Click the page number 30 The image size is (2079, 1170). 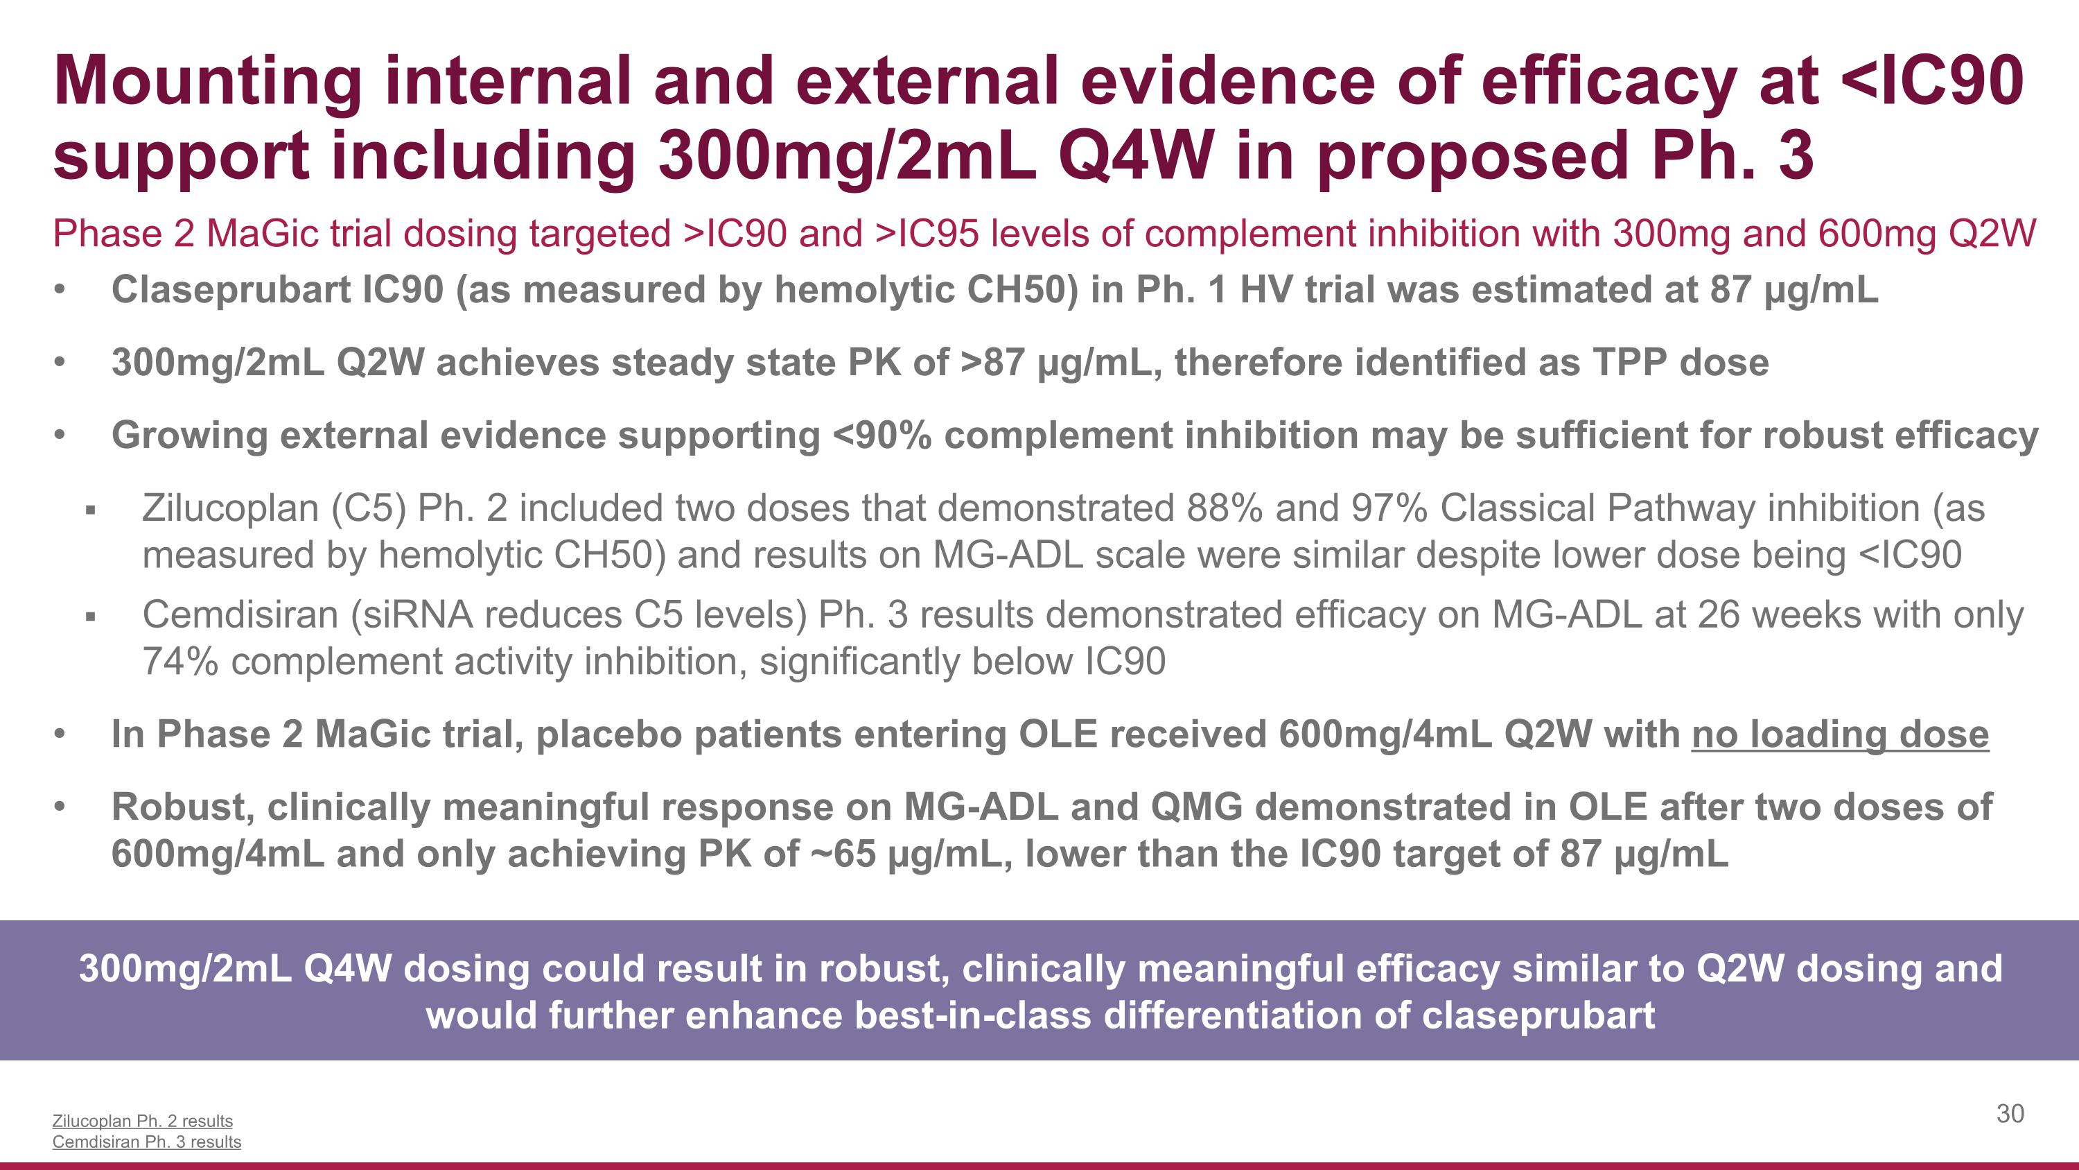pyautogui.click(x=2010, y=1114)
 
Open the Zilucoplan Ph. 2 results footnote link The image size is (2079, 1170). pyautogui.click(x=142, y=1121)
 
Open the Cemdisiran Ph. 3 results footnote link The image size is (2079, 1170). pyautogui.click(x=146, y=1142)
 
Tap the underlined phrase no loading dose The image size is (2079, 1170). pyautogui.click(x=1839, y=734)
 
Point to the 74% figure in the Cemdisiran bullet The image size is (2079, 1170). pyautogui.click(x=180, y=662)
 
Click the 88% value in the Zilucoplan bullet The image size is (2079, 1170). pyautogui.click(x=1225, y=508)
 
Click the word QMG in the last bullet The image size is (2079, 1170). pyautogui.click(x=1196, y=807)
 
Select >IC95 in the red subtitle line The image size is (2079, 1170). pyautogui.click(x=927, y=234)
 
